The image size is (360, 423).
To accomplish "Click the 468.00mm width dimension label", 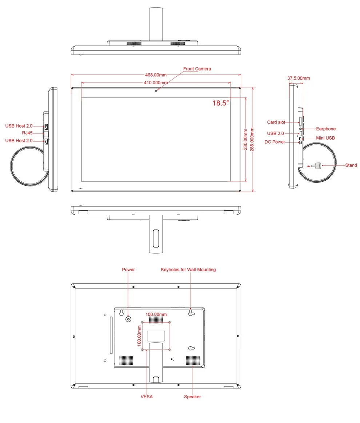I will point(156,75).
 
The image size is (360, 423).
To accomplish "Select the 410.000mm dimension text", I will point(156,82).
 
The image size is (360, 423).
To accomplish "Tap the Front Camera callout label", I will point(197,69).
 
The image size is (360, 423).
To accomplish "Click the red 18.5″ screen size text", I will point(221,103).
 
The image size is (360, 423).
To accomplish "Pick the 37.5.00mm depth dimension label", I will point(299,78).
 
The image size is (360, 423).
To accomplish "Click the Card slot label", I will point(276,122).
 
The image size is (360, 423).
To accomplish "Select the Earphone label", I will point(326,129).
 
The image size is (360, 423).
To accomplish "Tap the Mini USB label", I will point(325,138).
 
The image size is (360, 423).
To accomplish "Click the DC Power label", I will point(275,142).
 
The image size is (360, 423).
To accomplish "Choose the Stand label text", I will point(351,165).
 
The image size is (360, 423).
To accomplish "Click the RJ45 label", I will point(27,133).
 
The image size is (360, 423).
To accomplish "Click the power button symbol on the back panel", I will point(128,319).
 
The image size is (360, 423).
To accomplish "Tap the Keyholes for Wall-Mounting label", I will point(188,270).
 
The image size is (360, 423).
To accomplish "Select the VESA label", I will point(147,397).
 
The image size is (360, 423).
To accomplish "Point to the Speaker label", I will point(192,397).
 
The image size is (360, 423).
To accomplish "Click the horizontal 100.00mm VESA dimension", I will point(156,314).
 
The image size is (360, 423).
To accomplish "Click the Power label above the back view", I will point(128,270).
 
